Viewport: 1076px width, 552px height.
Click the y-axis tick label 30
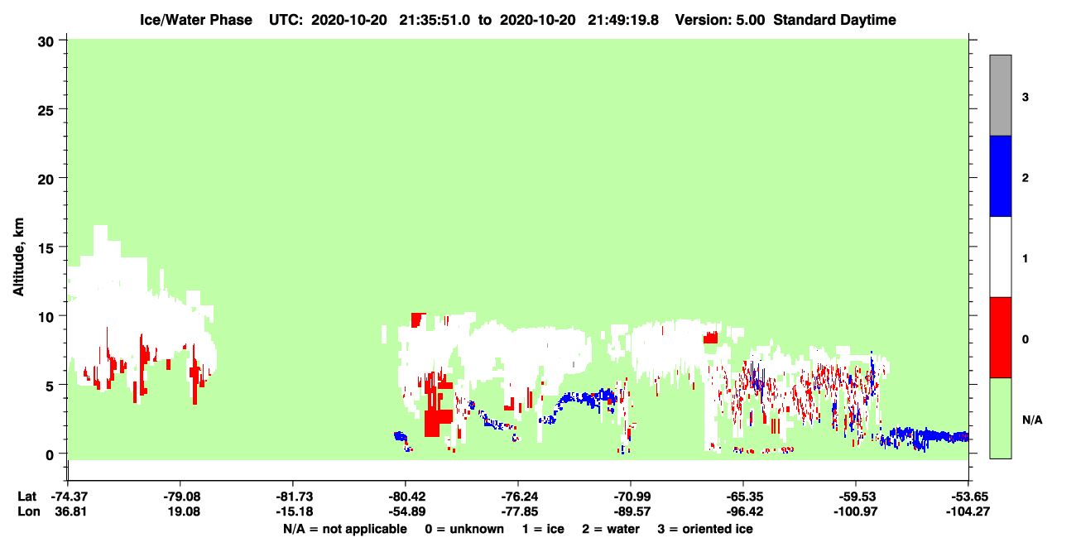[x=46, y=42]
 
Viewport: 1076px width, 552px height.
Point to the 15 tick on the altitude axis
[x=46, y=247]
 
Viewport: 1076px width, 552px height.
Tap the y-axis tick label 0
[x=50, y=454]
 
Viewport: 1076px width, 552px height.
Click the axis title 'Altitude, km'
[x=18, y=257]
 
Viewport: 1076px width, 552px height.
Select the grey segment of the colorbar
[x=1000, y=95]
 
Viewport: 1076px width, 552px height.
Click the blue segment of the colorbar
[x=1000, y=175]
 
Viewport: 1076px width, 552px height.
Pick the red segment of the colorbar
[x=1000, y=338]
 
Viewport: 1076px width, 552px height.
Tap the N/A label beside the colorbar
[x=1032, y=420]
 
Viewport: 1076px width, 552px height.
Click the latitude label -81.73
[x=295, y=497]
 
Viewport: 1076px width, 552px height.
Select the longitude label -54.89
[x=407, y=511]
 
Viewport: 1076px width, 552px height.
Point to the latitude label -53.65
[x=968, y=497]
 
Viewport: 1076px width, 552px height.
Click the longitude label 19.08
[x=184, y=511]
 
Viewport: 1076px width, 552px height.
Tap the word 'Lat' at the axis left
[x=26, y=497]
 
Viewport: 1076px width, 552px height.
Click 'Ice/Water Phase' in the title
[x=196, y=20]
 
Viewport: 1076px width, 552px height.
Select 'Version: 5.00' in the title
[x=719, y=20]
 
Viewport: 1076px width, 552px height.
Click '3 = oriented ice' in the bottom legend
[x=705, y=529]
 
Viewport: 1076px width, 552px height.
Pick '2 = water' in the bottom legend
[x=611, y=529]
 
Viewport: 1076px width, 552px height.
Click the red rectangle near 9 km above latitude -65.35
[x=710, y=338]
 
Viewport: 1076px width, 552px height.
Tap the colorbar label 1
[x=1025, y=258]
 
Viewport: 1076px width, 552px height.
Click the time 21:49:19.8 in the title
[x=623, y=20]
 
